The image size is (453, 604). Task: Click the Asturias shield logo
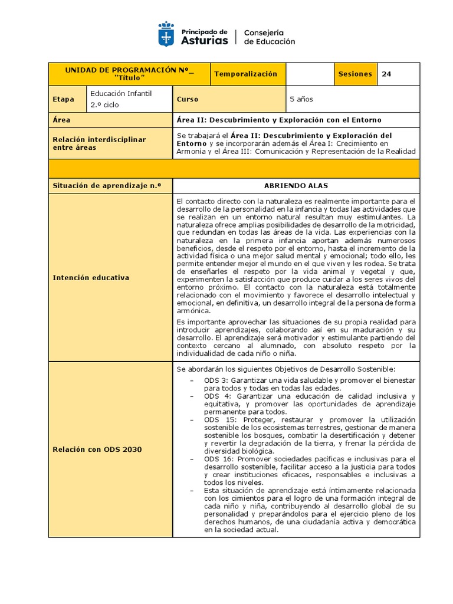tap(166, 35)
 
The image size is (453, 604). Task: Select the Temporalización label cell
tap(245, 74)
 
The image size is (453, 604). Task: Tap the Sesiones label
tap(355, 74)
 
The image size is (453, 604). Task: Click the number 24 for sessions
tap(386, 74)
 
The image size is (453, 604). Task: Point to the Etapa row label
tap(64, 100)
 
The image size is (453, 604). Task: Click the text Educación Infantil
tap(121, 93)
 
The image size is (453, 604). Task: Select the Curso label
tap(188, 100)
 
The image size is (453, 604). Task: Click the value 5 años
tap(301, 100)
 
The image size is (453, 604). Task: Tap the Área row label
tap(61, 120)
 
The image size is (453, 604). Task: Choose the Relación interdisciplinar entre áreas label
tap(99, 143)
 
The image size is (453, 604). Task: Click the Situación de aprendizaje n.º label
tap(107, 186)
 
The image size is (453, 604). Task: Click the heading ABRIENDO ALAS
tap(296, 186)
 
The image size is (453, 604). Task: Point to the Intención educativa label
tap(91, 277)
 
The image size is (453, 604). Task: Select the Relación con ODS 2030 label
tap(97, 449)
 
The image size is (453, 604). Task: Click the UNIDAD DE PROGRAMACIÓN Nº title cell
tap(129, 74)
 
